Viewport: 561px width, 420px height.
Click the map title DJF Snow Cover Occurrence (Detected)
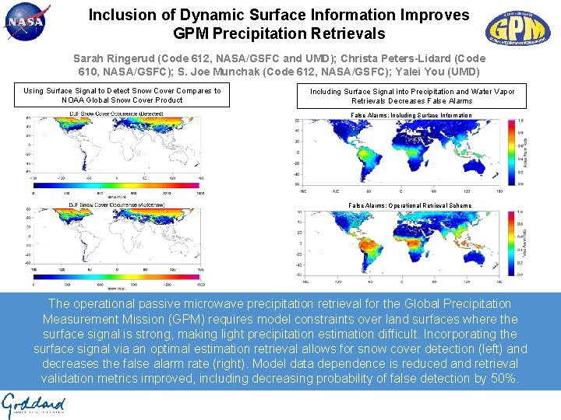pyautogui.click(x=115, y=114)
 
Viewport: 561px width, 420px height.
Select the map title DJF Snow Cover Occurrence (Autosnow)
pyautogui.click(x=116, y=202)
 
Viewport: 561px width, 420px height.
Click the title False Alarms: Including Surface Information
pyautogui.click(x=411, y=115)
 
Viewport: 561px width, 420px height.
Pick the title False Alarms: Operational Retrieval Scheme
pyautogui.click(x=410, y=206)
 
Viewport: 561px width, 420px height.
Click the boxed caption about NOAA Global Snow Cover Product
pyautogui.click(x=122, y=95)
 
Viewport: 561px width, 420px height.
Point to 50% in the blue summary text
pyautogui.click(x=503, y=379)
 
